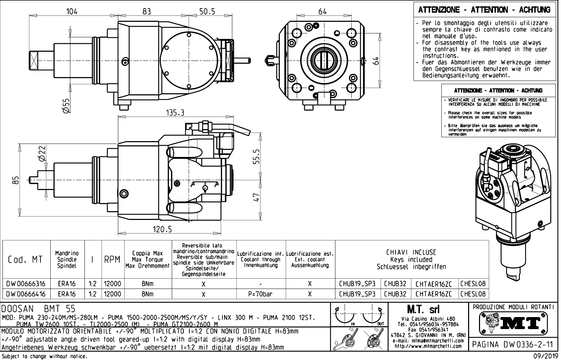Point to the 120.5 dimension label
pyautogui.click(x=162, y=229)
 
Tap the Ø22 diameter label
pyautogui.click(x=42, y=153)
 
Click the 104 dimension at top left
pyautogui.click(x=72, y=11)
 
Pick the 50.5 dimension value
pyautogui.click(x=207, y=11)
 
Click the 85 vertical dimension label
pyautogui.click(x=15, y=180)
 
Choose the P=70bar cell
pyautogui.click(x=261, y=294)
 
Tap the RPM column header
pyautogui.click(x=113, y=260)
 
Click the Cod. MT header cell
pyautogui.click(x=25, y=260)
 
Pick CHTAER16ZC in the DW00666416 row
pyautogui.click(x=437, y=294)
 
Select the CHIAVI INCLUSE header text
pyautogui.click(x=411, y=252)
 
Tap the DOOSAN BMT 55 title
pyautogui.click(x=39, y=309)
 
